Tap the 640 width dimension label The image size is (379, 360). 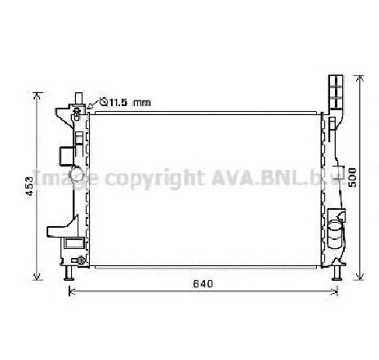point(203,285)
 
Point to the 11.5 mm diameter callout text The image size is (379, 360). point(131,102)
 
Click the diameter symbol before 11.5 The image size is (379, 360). point(104,102)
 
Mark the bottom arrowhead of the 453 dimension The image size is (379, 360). point(35,274)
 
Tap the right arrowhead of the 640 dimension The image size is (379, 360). point(336,290)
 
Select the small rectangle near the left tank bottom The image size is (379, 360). point(74,242)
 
